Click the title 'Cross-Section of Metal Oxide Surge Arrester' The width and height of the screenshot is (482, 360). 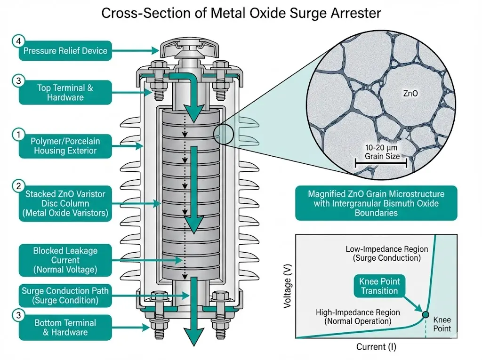[241, 14]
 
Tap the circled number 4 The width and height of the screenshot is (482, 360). [18, 41]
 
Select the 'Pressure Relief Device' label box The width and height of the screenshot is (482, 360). [65, 51]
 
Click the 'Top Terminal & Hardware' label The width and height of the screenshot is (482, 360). [65, 92]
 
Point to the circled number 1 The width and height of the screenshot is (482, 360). [18, 136]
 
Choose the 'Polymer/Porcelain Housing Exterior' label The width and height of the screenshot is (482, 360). [65, 145]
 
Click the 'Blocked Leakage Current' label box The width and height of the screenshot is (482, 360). [65, 260]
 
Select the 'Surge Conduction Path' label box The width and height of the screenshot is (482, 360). [65, 295]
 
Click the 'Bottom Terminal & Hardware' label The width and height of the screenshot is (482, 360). [65, 328]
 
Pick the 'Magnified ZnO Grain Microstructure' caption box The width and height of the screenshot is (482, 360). [376, 203]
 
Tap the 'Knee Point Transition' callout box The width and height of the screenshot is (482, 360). [379, 286]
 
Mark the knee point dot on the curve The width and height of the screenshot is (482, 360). [426, 315]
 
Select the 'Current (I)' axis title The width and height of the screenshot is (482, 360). [375, 347]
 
